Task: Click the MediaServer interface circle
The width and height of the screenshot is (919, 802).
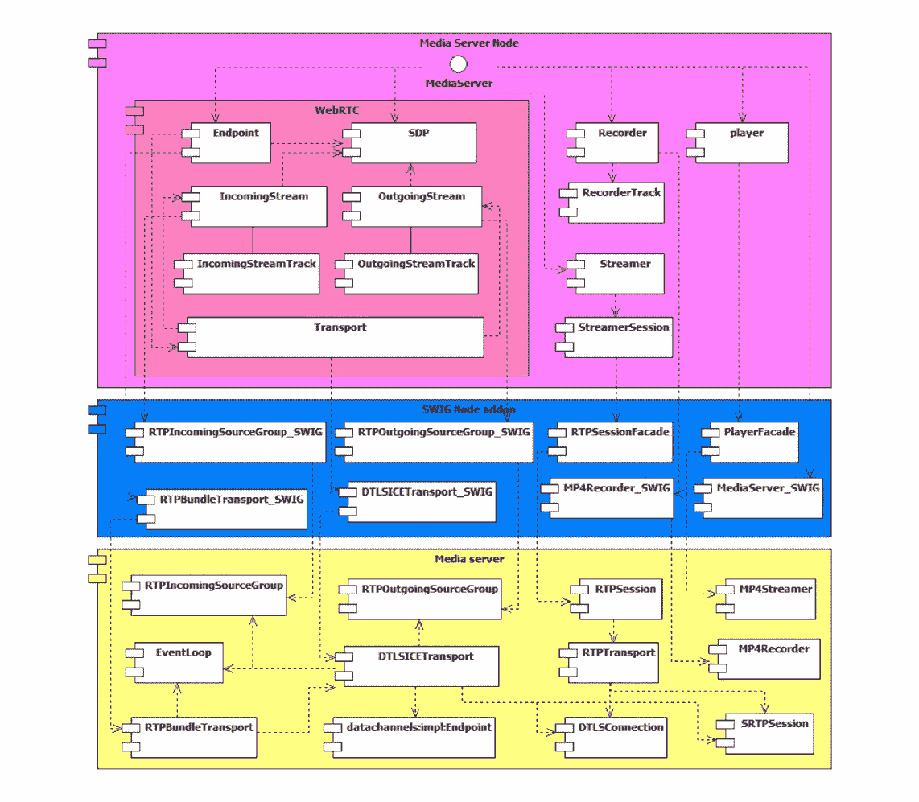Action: (458, 64)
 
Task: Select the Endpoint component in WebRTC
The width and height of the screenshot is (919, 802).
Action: (229, 143)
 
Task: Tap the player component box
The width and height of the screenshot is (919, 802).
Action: (740, 143)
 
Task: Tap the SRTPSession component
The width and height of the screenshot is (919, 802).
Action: (769, 732)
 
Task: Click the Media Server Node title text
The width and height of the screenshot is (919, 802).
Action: (469, 43)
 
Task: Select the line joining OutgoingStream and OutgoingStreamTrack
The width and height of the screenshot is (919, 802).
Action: (410, 239)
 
